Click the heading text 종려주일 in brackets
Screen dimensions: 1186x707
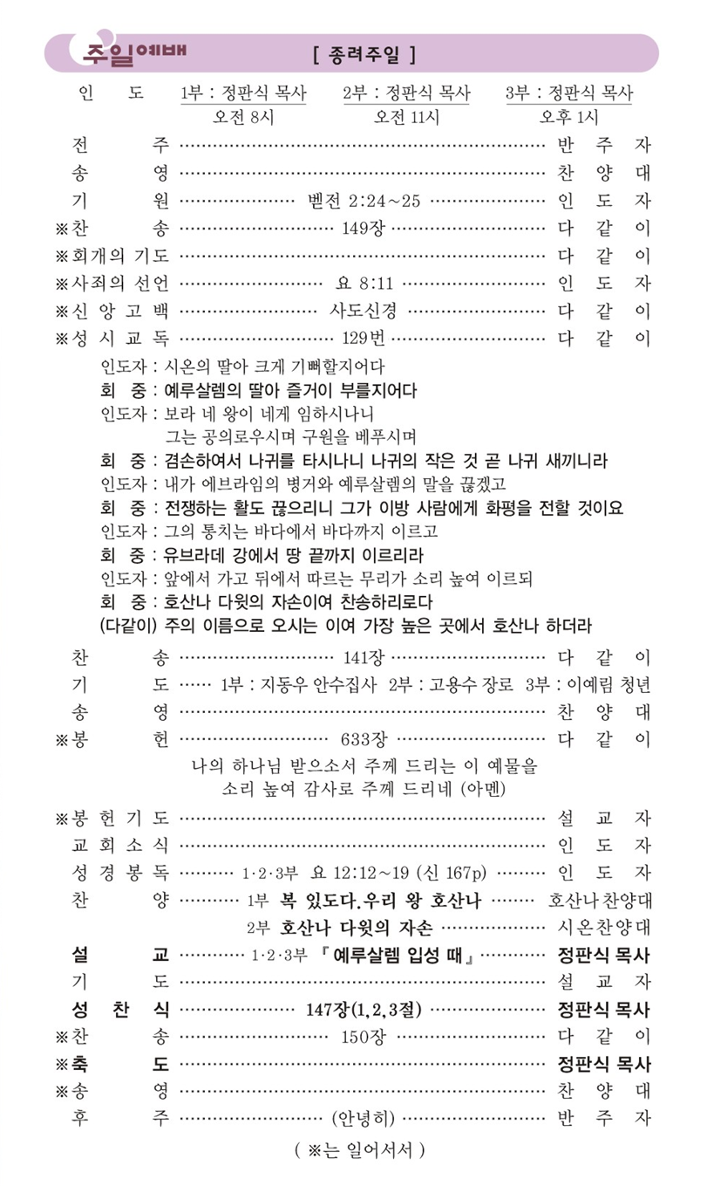tap(363, 56)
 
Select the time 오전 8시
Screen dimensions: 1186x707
tap(242, 117)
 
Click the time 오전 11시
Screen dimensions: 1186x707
tap(406, 117)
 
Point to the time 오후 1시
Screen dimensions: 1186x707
tap(569, 117)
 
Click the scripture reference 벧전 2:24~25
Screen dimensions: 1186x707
tap(364, 201)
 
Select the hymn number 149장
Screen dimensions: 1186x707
tap(364, 229)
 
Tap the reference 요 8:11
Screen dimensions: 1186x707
tap(364, 284)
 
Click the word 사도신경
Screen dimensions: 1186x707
tap(364, 312)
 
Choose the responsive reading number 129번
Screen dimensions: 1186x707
tap(364, 339)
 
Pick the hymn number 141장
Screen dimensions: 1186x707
tap(364, 656)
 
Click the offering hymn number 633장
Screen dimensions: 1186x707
tap(364, 739)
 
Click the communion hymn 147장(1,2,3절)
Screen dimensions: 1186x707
tap(364, 1010)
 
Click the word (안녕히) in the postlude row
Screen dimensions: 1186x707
tap(364, 1118)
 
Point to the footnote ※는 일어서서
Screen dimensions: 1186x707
tap(360, 1150)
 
